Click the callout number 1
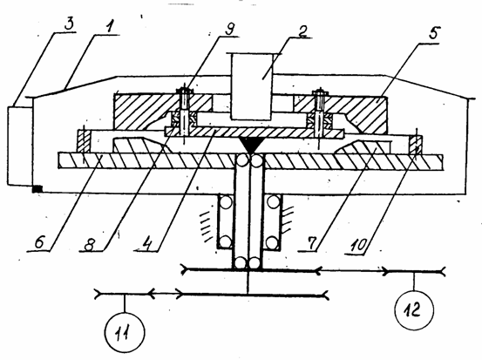click(108, 28)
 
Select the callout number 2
click(303, 31)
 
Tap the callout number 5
click(434, 32)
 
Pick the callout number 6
click(40, 242)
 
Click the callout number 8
click(91, 244)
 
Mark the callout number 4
click(147, 244)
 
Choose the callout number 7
click(311, 243)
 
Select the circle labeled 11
click(125, 332)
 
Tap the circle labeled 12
click(414, 310)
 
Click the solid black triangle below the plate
click(251, 145)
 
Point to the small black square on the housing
click(37, 189)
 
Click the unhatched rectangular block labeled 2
click(251, 86)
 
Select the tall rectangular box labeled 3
click(20, 146)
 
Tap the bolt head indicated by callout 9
click(184, 91)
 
